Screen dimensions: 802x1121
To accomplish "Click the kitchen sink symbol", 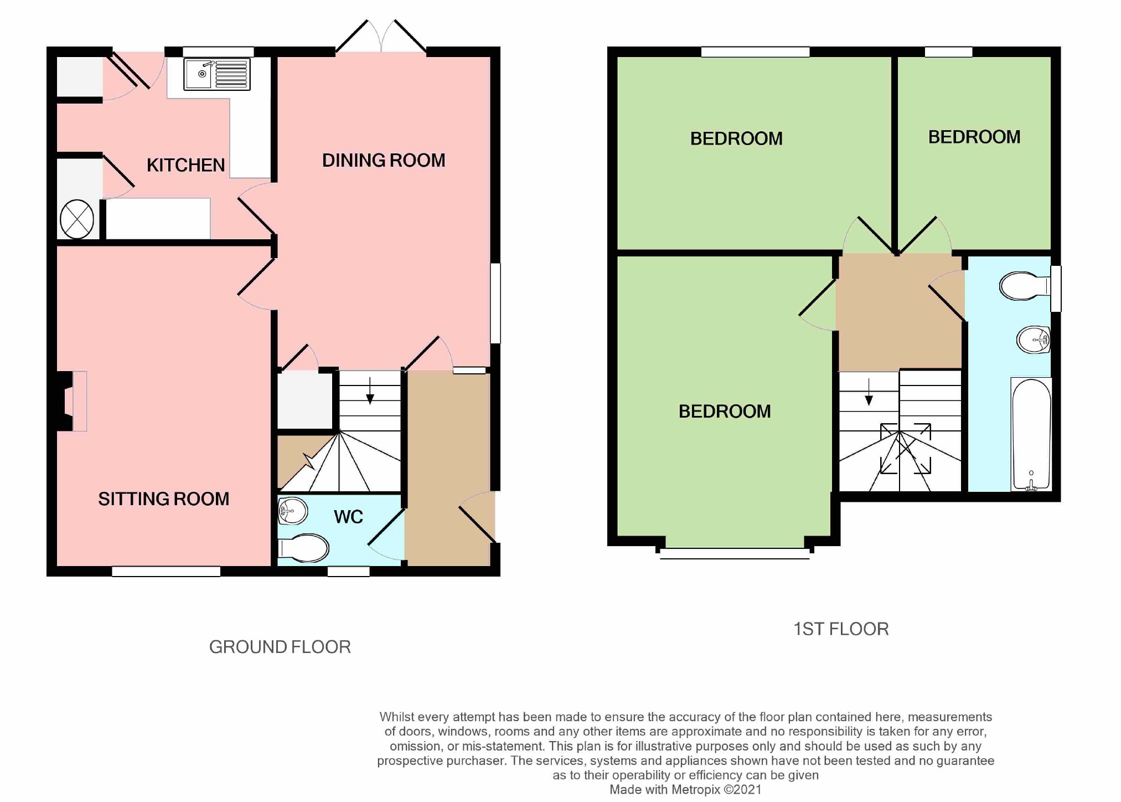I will (216, 74).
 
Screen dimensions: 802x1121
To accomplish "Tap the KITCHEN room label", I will (185, 165).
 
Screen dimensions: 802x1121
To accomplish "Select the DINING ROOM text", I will (384, 161).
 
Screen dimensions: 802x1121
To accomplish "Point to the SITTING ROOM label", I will (164, 499).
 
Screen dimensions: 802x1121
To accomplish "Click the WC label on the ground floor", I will (348, 517).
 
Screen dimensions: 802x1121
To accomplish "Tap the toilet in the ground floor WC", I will (304, 548).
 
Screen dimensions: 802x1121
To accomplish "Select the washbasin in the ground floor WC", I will (292, 511).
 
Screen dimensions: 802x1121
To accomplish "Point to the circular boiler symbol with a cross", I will (77, 219).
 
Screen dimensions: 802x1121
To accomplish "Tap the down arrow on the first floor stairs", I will (869, 393).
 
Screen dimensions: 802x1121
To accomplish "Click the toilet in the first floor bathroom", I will (1024, 286).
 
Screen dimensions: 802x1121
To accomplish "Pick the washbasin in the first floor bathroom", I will (1033, 340).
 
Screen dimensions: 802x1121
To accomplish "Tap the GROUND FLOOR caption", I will (280, 647).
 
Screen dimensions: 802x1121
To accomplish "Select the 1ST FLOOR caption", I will (840, 629).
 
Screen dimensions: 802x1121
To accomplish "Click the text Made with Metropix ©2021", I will (685, 790).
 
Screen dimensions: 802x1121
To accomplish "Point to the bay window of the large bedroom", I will (735, 552).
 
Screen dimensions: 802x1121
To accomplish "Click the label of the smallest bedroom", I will (974, 137).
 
